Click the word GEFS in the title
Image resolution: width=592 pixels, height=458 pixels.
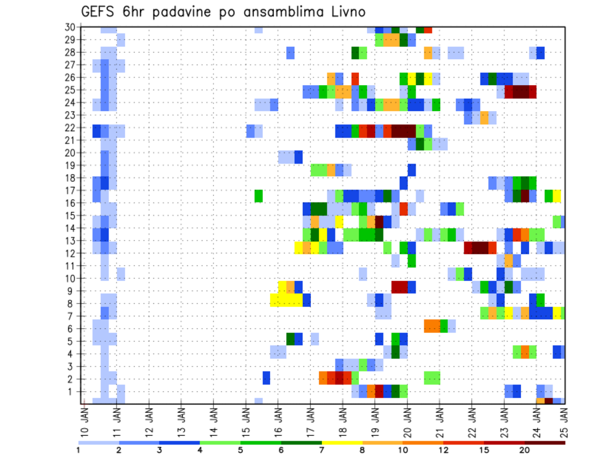click(x=101, y=12)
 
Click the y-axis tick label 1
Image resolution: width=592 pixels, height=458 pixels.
click(x=72, y=391)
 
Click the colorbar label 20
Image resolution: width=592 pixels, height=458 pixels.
click(x=525, y=450)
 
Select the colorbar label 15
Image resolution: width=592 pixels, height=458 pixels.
click(x=485, y=450)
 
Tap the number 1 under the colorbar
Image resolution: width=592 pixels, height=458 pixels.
click(x=79, y=450)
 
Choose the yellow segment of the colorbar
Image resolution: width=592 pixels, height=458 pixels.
click(x=342, y=443)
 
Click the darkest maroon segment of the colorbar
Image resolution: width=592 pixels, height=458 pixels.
click(x=546, y=443)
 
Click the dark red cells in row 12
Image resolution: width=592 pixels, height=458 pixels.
click(x=476, y=248)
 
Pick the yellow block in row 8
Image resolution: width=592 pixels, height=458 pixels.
click(x=286, y=300)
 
